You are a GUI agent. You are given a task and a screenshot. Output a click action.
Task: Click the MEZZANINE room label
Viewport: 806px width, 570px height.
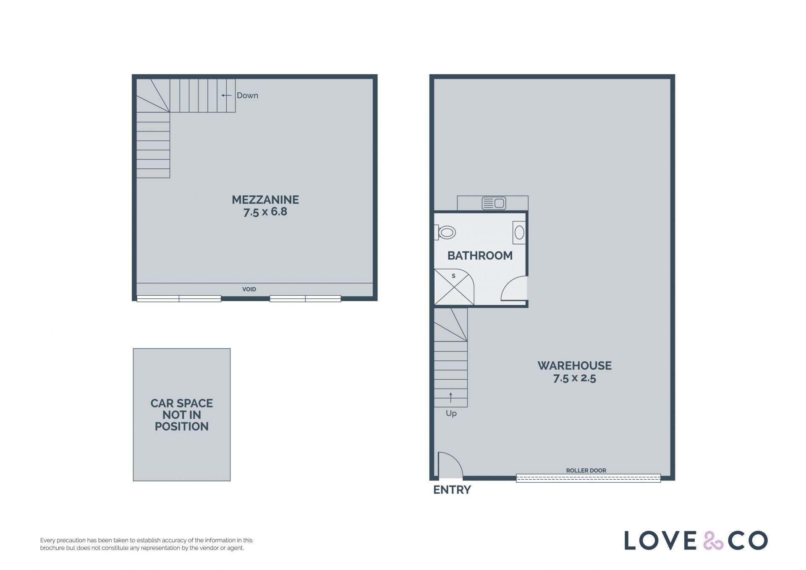pyautogui.click(x=265, y=200)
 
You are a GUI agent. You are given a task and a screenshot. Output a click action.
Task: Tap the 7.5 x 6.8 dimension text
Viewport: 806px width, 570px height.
pyautogui.click(x=265, y=212)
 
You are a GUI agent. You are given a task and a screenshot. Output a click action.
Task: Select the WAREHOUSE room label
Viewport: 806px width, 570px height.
pyautogui.click(x=575, y=365)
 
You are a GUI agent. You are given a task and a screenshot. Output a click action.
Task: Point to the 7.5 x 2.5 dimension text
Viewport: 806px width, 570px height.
pyautogui.click(x=575, y=378)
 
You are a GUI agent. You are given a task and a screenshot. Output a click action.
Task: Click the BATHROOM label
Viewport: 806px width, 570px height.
pyautogui.click(x=480, y=255)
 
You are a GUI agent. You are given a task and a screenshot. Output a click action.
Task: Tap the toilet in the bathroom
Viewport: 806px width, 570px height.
pyautogui.click(x=445, y=232)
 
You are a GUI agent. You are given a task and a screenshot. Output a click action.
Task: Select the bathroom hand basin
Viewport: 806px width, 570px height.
pyautogui.click(x=519, y=232)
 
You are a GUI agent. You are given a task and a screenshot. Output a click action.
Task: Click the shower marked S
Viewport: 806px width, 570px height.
pyautogui.click(x=454, y=287)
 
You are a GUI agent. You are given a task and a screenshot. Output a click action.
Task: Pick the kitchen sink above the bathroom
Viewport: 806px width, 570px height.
pyautogui.click(x=494, y=203)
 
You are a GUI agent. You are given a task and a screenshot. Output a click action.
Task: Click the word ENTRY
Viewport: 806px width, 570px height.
pyautogui.click(x=452, y=490)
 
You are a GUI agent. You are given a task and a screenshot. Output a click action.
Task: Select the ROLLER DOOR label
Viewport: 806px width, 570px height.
pyautogui.click(x=586, y=470)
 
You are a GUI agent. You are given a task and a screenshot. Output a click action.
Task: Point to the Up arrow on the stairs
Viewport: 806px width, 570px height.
pyautogui.click(x=451, y=397)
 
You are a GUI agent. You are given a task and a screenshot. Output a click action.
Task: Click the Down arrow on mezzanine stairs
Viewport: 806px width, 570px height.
pyautogui.click(x=226, y=95)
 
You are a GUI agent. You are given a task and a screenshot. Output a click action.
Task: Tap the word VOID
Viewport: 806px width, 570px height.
pyautogui.click(x=249, y=289)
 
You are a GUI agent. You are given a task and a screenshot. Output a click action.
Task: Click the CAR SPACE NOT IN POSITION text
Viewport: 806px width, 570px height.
pyautogui.click(x=182, y=415)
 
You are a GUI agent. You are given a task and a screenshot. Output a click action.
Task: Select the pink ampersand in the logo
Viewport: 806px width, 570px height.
pyautogui.click(x=713, y=541)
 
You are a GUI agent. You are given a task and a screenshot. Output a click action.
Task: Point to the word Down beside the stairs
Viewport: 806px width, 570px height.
pyautogui.click(x=247, y=95)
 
